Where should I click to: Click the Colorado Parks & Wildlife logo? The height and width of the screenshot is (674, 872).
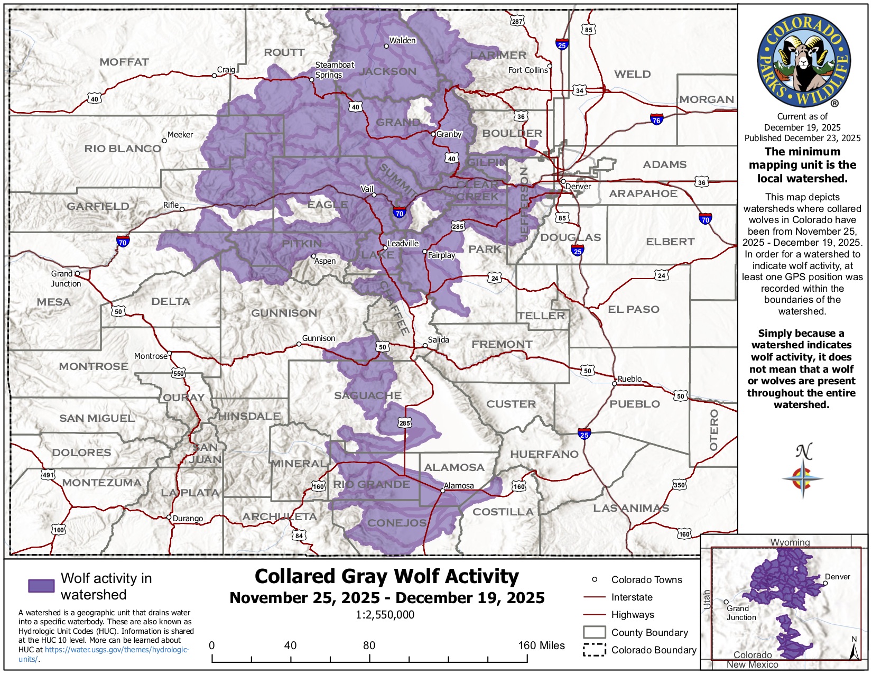pyautogui.click(x=803, y=61)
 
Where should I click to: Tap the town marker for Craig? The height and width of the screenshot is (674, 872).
pyautogui.click(x=214, y=76)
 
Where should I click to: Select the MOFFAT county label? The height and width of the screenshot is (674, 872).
pyautogui.click(x=124, y=62)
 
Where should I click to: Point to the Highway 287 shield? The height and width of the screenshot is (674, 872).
pyautogui.click(x=517, y=21)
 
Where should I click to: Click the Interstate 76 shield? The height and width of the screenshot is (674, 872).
pyautogui.click(x=656, y=119)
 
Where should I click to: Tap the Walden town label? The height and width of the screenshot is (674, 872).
pyautogui.click(x=402, y=40)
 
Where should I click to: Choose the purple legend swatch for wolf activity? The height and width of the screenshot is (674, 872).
pyautogui.click(x=41, y=586)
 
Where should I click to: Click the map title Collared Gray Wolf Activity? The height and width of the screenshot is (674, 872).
pyautogui.click(x=386, y=576)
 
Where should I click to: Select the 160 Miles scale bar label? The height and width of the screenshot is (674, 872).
pyautogui.click(x=541, y=645)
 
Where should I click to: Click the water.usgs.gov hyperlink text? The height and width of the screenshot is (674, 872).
pyautogui.click(x=117, y=650)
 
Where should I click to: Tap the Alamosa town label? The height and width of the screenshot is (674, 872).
pyautogui.click(x=459, y=485)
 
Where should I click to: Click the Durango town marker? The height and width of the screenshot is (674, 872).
pyautogui.click(x=169, y=517)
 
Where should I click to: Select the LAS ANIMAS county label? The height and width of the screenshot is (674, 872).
pyautogui.click(x=630, y=508)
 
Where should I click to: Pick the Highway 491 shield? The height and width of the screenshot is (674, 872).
pyautogui.click(x=48, y=475)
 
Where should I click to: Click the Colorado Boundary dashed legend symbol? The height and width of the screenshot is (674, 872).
pyautogui.click(x=594, y=650)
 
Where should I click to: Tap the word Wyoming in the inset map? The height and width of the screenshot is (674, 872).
pyautogui.click(x=790, y=542)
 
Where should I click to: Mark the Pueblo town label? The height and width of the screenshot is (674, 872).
pyautogui.click(x=629, y=378)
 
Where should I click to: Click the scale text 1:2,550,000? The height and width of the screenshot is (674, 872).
pyautogui.click(x=385, y=615)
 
